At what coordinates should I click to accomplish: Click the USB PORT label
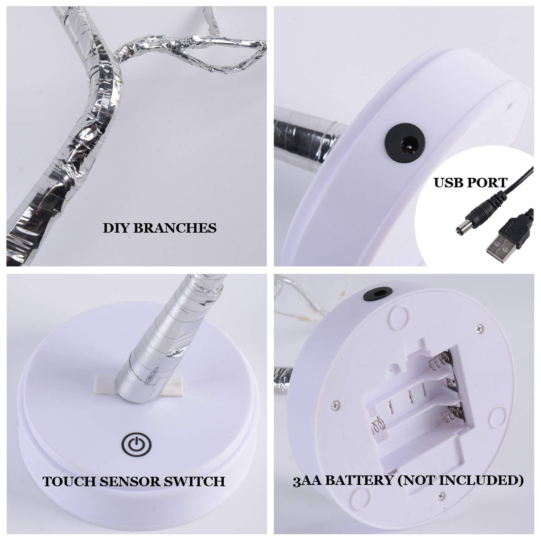[x=470, y=182]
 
